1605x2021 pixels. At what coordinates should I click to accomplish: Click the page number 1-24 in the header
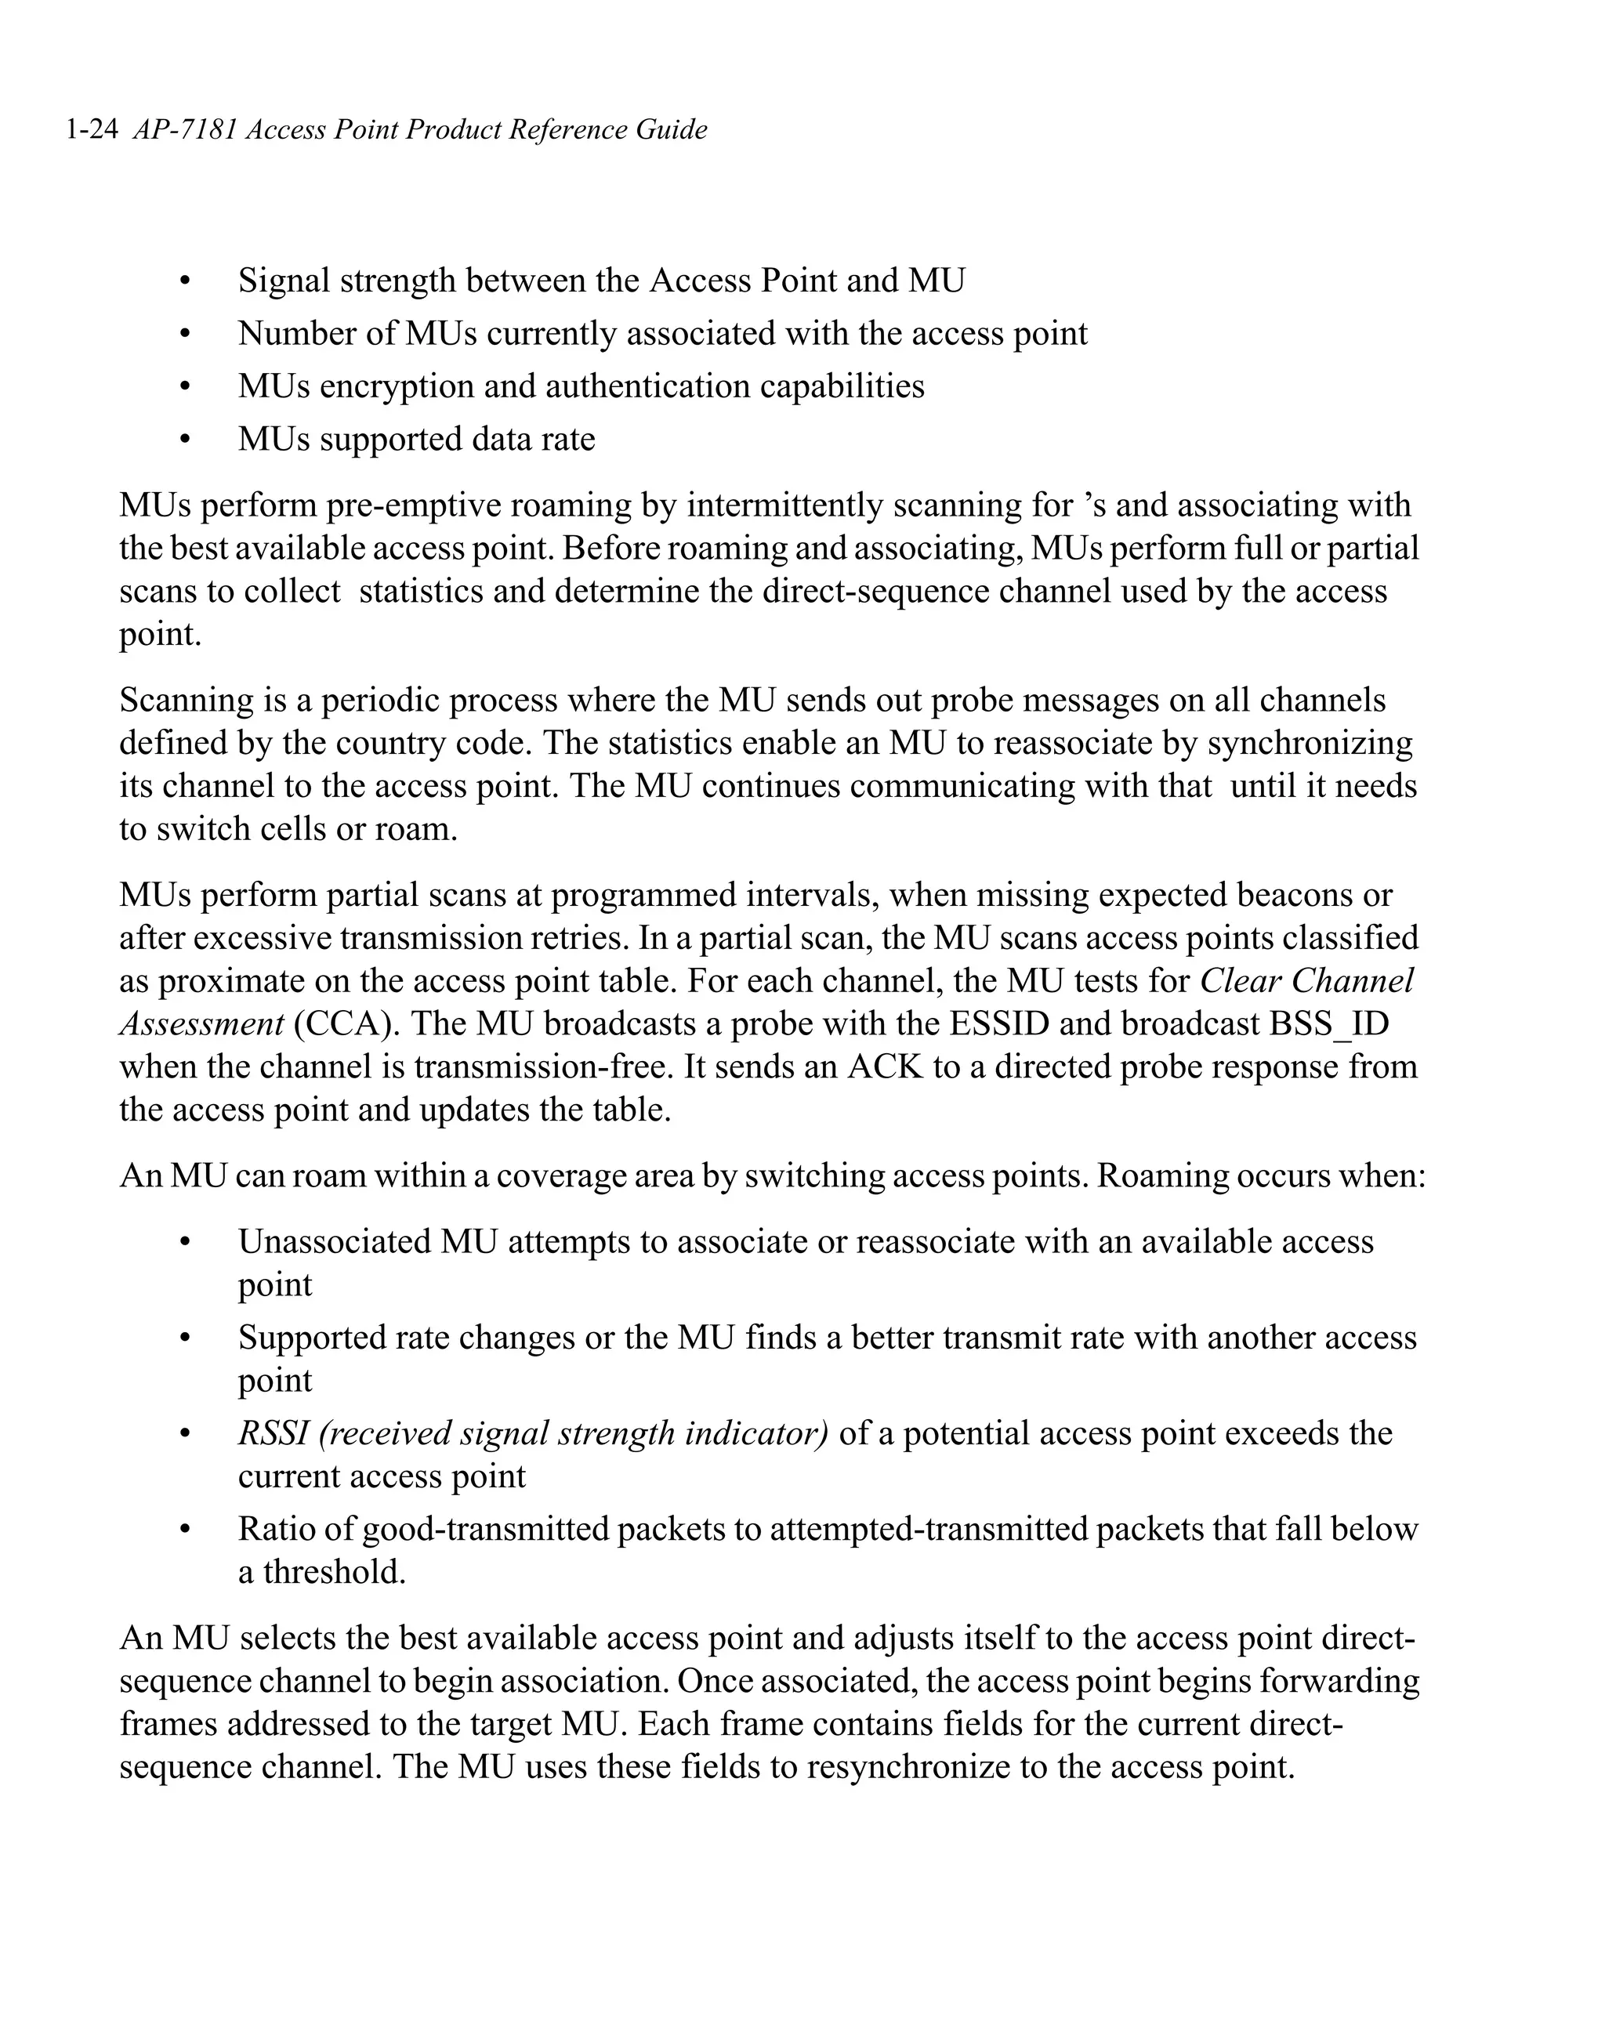pos(91,129)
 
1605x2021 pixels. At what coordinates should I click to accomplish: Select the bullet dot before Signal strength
pos(186,281)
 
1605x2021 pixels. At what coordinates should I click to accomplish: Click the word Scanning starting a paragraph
pos(187,701)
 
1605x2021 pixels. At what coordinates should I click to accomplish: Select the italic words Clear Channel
pos(1306,980)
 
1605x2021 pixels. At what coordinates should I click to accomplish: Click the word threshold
pos(334,1572)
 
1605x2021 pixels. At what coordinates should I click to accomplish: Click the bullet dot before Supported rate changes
pos(186,1338)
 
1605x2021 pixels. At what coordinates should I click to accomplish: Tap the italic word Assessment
pos(201,1023)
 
